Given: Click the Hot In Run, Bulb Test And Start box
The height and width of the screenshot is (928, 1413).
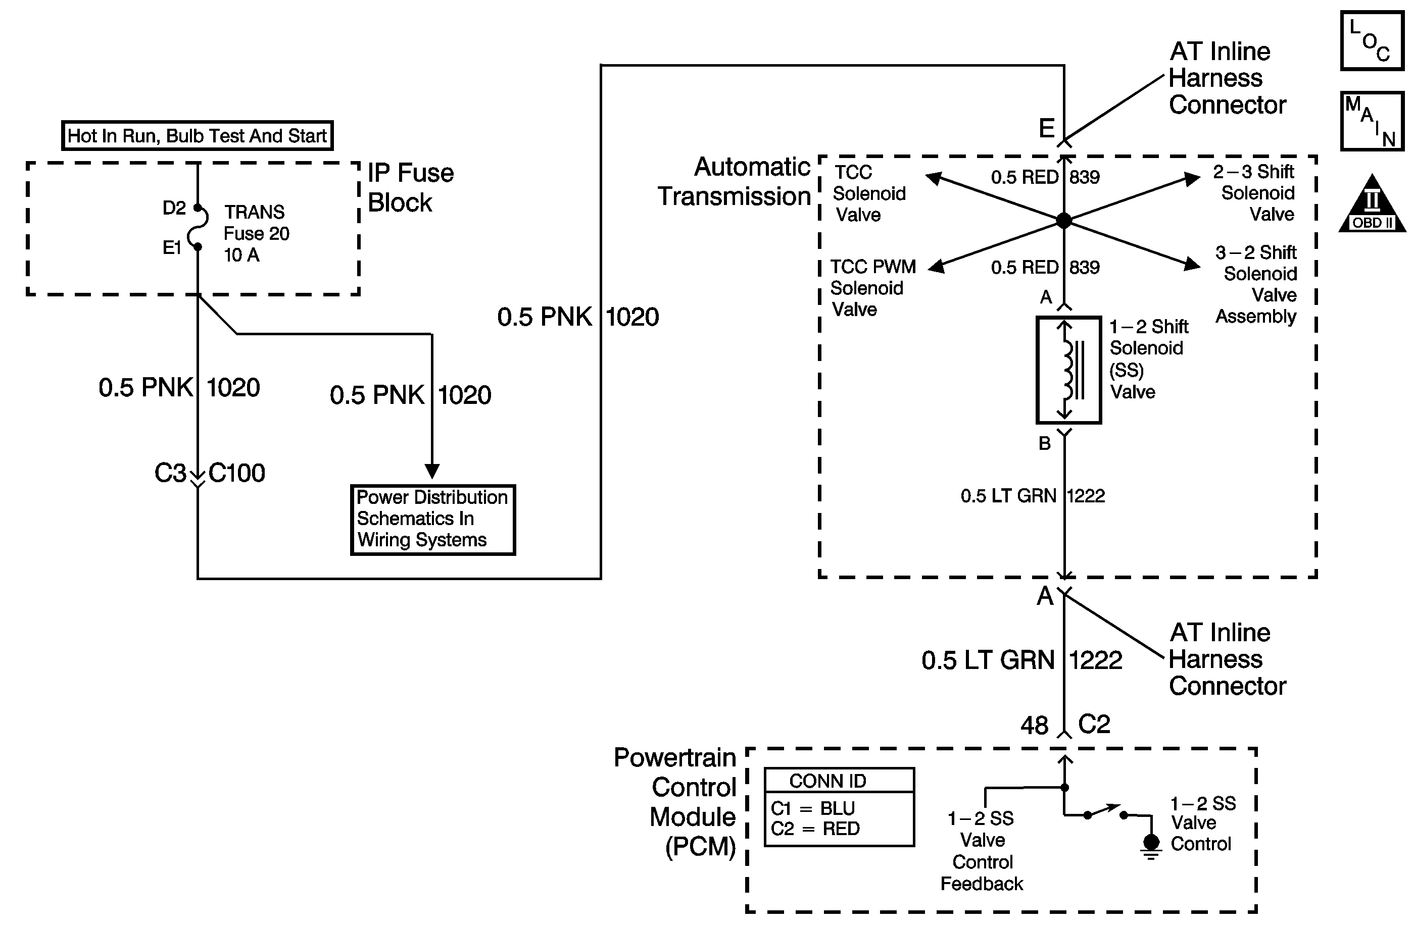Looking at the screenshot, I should (197, 136).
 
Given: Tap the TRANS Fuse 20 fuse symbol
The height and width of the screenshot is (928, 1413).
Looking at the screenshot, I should (199, 227).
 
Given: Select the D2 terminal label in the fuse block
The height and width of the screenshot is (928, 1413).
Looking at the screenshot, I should (174, 208).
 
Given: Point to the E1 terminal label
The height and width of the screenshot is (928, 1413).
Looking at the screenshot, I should (172, 248).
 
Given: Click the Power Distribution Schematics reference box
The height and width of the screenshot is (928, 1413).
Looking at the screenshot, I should (433, 520).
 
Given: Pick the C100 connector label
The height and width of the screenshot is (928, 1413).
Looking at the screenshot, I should (237, 474).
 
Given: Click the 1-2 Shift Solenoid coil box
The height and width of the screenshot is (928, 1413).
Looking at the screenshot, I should (1068, 370).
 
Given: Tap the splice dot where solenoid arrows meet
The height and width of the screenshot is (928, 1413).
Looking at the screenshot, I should (1064, 221).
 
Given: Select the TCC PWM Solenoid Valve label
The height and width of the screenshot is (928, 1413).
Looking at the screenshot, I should (871, 288).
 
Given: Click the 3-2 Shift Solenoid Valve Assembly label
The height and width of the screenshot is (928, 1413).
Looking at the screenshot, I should (1257, 284).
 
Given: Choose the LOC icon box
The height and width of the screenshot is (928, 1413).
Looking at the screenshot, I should (1372, 41).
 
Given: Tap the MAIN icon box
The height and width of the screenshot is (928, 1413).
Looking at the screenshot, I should (1372, 121).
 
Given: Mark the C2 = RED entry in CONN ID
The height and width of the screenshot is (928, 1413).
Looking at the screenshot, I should (814, 829).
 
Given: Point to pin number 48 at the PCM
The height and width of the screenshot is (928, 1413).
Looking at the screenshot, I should (1034, 725).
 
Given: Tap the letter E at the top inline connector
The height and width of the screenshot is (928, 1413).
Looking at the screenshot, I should (1047, 128).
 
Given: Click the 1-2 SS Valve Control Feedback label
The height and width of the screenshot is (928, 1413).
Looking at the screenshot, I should (982, 851).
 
